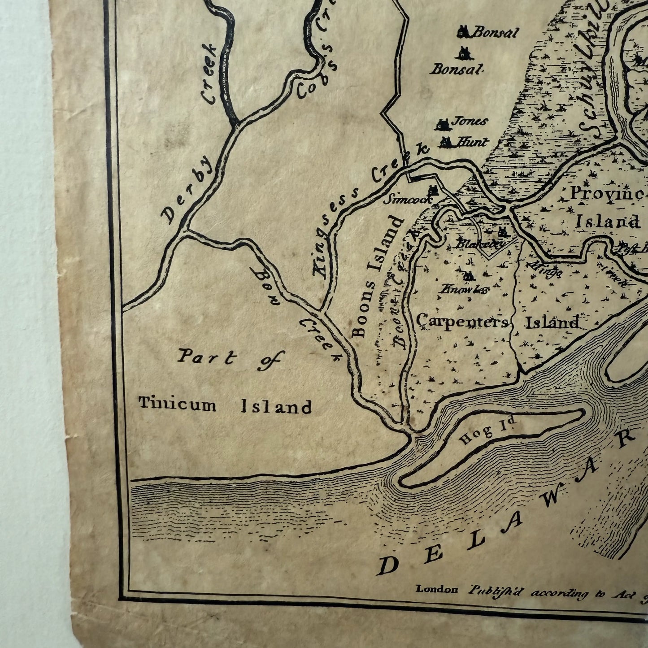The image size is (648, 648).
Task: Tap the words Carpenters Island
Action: (x=498, y=322)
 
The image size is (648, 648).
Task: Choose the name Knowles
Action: (x=464, y=289)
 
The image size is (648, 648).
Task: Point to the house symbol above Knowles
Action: (x=468, y=275)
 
